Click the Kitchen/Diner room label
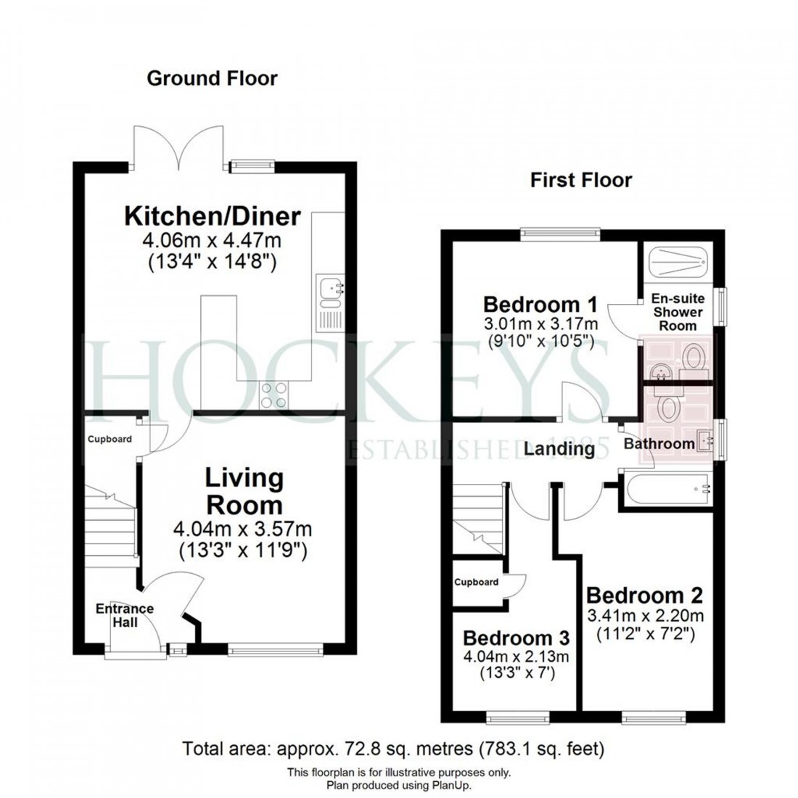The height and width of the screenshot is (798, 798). point(213,216)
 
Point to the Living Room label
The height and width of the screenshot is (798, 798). point(244,491)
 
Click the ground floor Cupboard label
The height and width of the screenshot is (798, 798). point(110,440)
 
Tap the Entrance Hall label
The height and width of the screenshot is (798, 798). point(125,615)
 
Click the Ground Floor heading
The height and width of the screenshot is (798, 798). point(212,78)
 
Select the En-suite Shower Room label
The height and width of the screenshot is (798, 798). point(677,312)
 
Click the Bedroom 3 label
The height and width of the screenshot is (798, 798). point(516,638)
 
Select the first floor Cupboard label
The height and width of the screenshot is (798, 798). point(477,582)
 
